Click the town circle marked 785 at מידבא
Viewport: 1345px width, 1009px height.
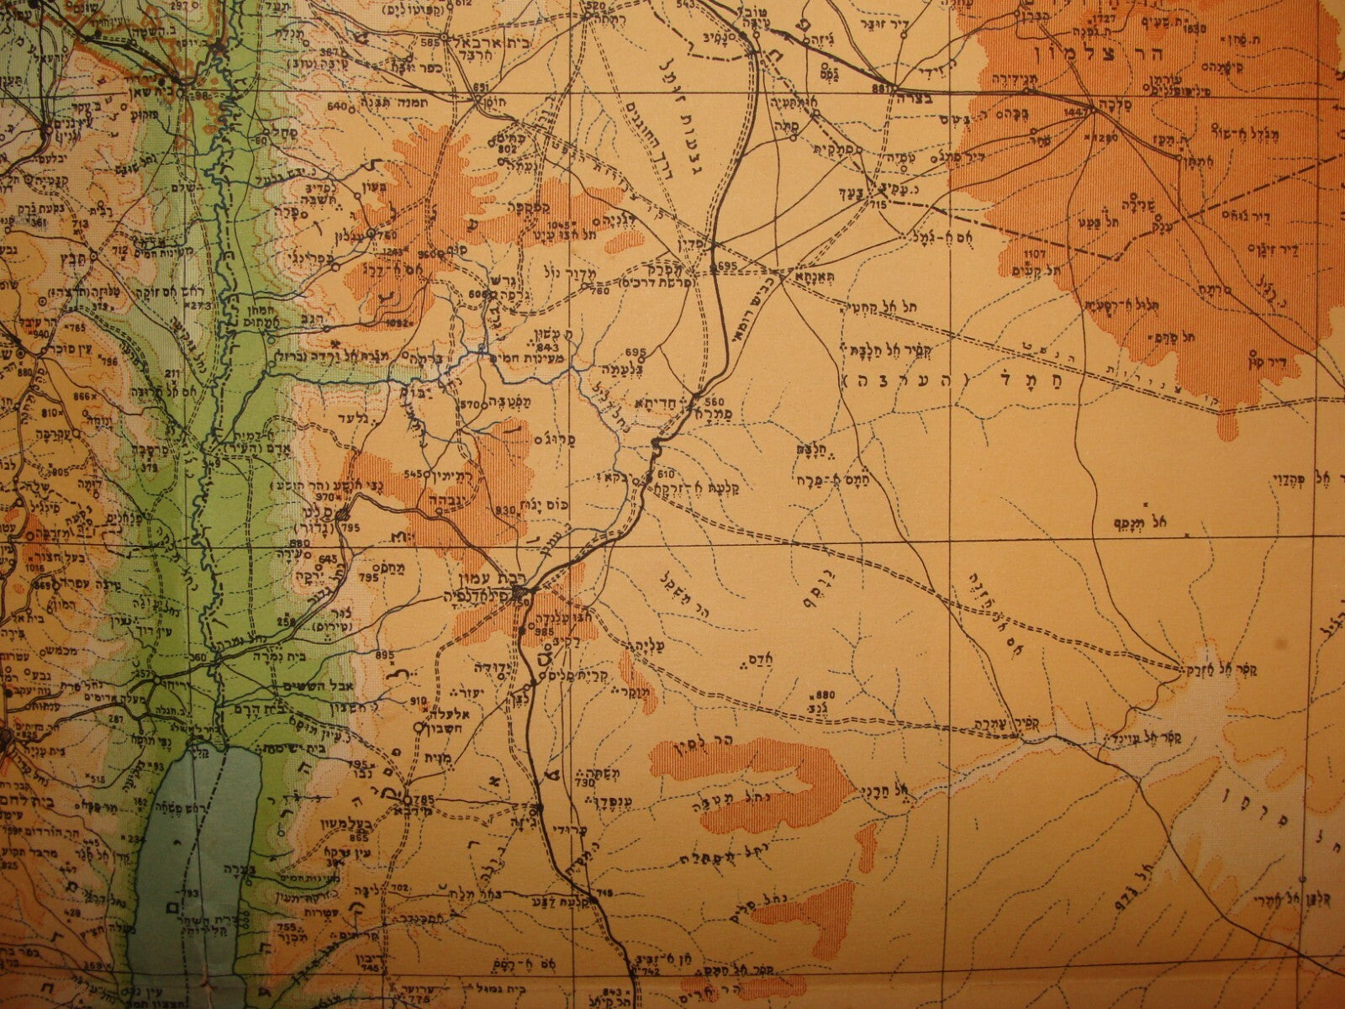[x=406, y=799]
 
